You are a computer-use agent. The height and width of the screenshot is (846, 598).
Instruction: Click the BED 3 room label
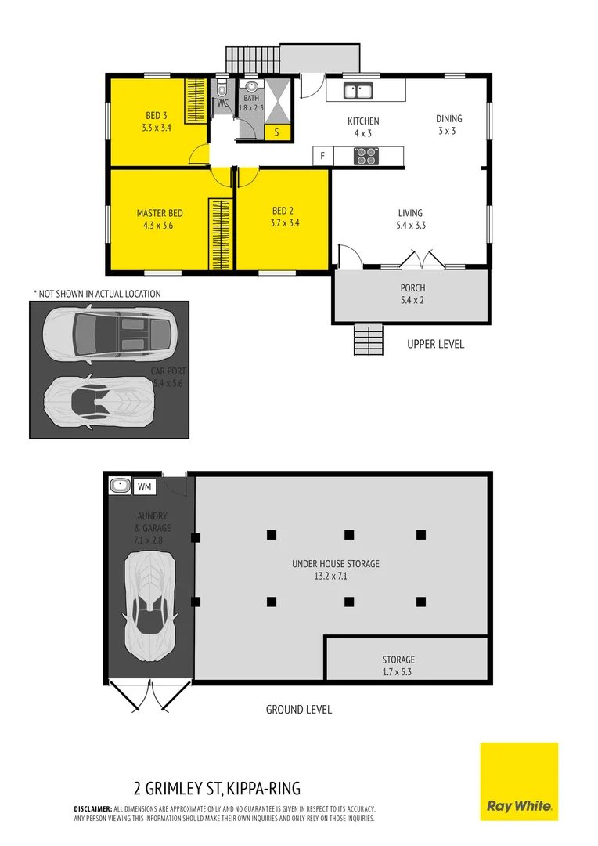click(x=157, y=116)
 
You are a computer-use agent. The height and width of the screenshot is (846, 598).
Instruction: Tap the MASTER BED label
click(x=160, y=213)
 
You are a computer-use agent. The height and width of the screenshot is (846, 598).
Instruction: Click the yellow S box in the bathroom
click(x=277, y=132)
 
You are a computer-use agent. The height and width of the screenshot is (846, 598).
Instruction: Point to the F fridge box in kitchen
click(x=322, y=156)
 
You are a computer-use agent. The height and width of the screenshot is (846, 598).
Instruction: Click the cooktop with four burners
click(x=366, y=156)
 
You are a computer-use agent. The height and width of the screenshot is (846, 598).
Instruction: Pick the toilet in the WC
click(x=222, y=89)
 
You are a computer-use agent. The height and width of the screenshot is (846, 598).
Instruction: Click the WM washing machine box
click(x=145, y=486)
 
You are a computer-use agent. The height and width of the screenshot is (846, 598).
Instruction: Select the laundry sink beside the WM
click(x=120, y=486)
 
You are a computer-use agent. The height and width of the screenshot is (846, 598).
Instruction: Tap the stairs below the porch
click(x=369, y=339)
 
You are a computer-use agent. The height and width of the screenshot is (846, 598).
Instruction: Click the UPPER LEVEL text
click(x=435, y=344)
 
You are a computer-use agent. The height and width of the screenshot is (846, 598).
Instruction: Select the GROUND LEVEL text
click(x=299, y=710)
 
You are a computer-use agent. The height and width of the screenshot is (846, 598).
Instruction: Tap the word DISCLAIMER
click(x=93, y=808)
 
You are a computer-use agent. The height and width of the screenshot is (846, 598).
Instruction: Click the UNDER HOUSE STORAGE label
click(x=335, y=563)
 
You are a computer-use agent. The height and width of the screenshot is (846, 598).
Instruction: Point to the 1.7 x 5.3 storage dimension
click(x=398, y=672)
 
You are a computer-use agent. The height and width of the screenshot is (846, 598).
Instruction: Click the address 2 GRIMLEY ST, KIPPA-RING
click(x=217, y=788)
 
